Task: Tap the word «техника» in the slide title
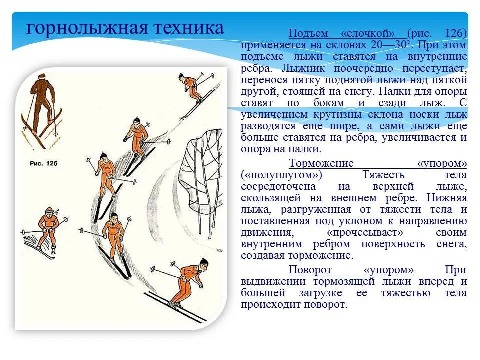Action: click(x=188, y=28)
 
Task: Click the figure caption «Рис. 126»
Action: click(x=44, y=164)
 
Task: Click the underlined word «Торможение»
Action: click(x=321, y=163)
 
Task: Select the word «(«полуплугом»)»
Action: click(x=281, y=175)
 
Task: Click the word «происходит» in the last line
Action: click(x=271, y=304)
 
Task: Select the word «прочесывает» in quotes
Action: click(x=365, y=232)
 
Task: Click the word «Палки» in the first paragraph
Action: click(x=396, y=91)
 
